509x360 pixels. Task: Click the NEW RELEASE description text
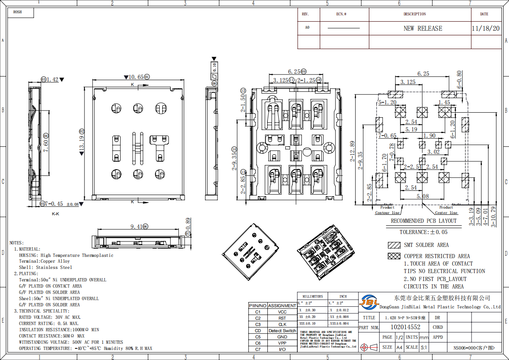[x=423, y=29]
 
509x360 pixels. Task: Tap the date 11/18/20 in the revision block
[x=485, y=29]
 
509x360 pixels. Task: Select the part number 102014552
[x=405, y=327]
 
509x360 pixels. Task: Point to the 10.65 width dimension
[x=136, y=77]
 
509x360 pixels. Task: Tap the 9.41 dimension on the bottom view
[x=136, y=227]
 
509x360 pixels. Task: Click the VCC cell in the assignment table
[x=282, y=312]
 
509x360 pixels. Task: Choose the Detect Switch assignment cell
[x=282, y=330]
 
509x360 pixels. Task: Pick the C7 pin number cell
[x=258, y=349]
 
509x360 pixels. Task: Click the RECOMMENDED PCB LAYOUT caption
[x=423, y=221]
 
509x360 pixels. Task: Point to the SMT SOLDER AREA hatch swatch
[x=394, y=245]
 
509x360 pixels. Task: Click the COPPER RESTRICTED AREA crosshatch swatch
[x=394, y=256]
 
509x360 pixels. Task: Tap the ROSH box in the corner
[x=17, y=12]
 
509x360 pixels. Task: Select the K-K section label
[x=55, y=214]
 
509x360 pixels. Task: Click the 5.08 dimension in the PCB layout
[x=423, y=196]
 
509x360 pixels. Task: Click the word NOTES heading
[x=17, y=243]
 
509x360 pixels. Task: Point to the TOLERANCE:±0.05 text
[x=423, y=232]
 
